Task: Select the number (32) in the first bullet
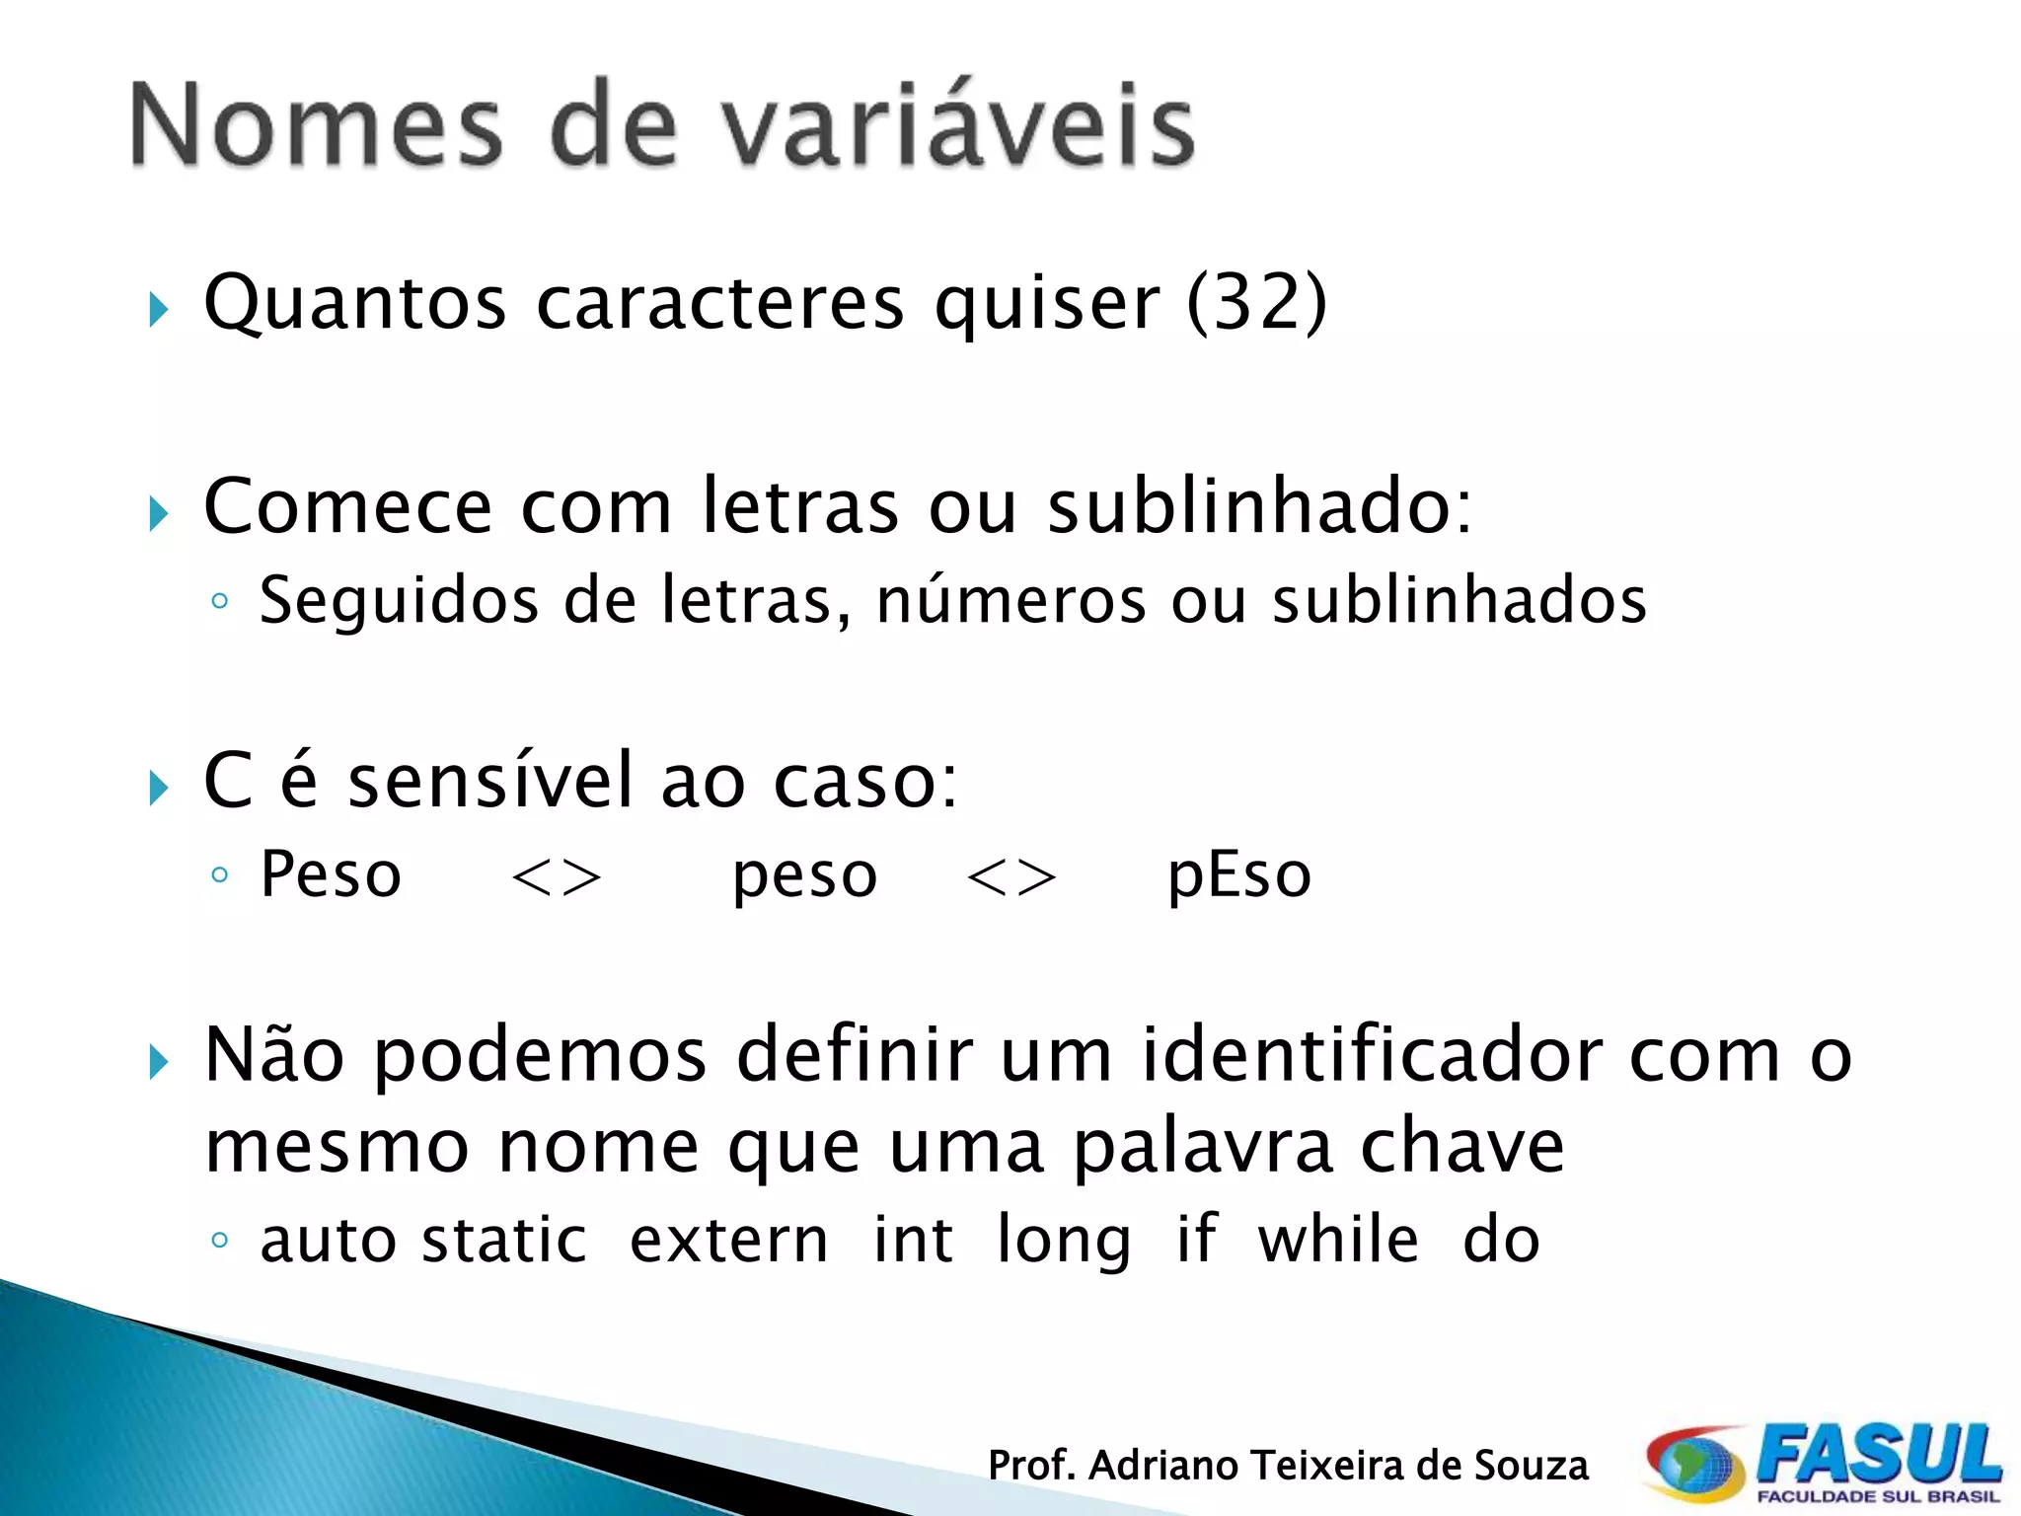[x=1256, y=302]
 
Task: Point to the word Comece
[x=347, y=506]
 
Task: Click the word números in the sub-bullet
[x=1010, y=600]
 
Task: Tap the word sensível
[x=490, y=781]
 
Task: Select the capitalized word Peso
[x=331, y=875]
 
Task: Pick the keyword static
[x=504, y=1241]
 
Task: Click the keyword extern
[x=729, y=1241]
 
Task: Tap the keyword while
[x=1338, y=1240]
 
